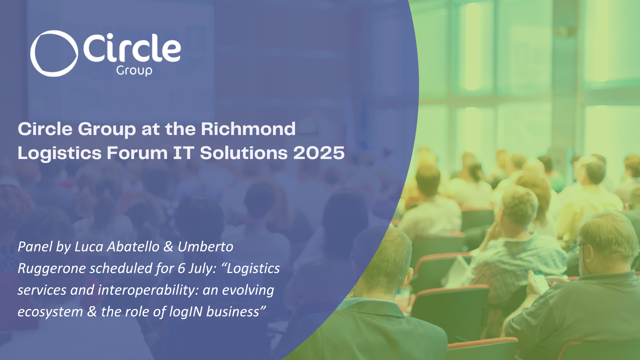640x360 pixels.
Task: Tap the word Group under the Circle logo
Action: (134, 71)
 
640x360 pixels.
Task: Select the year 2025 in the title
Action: (319, 153)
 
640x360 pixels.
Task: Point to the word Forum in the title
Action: (137, 153)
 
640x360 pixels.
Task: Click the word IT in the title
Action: (184, 153)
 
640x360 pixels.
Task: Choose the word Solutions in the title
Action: (244, 153)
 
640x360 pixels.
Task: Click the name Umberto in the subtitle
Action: (205, 247)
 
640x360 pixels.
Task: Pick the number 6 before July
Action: (181, 268)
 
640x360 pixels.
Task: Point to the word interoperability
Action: (148, 290)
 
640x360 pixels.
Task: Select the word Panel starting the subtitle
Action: (35, 247)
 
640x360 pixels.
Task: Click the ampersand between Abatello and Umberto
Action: (169, 247)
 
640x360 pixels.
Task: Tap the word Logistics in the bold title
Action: (60, 153)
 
